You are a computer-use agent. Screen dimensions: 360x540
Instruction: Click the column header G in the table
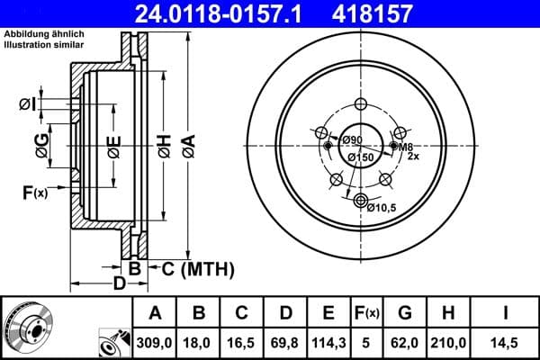(x=406, y=312)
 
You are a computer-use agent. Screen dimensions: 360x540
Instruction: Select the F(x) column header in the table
(x=366, y=312)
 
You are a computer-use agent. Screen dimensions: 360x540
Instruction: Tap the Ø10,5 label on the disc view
(x=382, y=207)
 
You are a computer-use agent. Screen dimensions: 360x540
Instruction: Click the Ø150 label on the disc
(x=360, y=158)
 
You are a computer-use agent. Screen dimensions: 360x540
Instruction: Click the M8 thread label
(x=406, y=147)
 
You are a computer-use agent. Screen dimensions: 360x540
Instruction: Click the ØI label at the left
(x=28, y=104)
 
